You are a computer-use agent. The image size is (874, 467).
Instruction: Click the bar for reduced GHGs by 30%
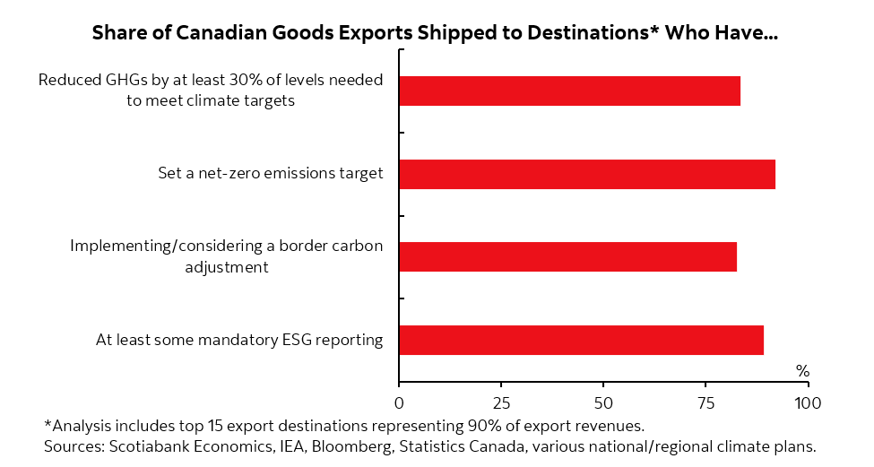coord(569,91)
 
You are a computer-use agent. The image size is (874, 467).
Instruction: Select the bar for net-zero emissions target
coord(587,174)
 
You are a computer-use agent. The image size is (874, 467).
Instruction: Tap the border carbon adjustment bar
coord(567,257)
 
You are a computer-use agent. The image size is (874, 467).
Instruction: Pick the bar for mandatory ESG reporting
coord(581,340)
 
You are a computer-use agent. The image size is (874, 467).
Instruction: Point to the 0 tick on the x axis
coord(399,402)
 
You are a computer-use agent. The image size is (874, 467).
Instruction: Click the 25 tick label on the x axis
coord(501,402)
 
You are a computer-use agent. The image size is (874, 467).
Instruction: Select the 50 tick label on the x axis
coord(603,402)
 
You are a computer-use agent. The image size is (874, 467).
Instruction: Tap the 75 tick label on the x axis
coord(705,402)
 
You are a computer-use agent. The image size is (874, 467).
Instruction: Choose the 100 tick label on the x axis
coord(808,402)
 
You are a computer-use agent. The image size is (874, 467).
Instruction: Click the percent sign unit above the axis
coord(802,371)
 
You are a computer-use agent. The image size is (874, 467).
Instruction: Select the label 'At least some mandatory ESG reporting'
coord(239,340)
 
